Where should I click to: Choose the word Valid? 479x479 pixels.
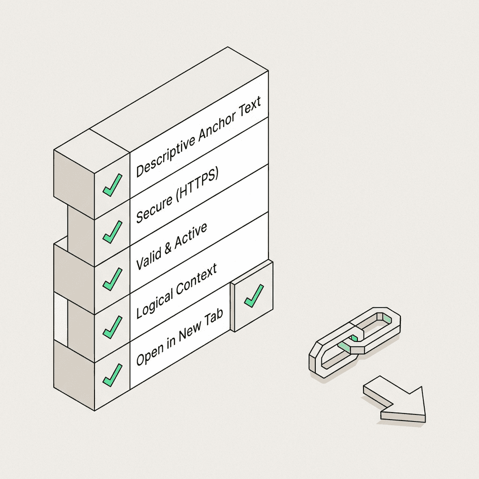148,260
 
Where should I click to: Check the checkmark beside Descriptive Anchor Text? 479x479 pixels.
112,185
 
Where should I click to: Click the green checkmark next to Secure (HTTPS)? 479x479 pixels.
112,232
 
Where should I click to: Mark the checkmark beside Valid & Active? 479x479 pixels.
112,280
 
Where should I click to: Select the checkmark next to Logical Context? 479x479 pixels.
112,327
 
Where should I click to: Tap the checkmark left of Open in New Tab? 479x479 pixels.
112,375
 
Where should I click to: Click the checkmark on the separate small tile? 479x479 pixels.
254,296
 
